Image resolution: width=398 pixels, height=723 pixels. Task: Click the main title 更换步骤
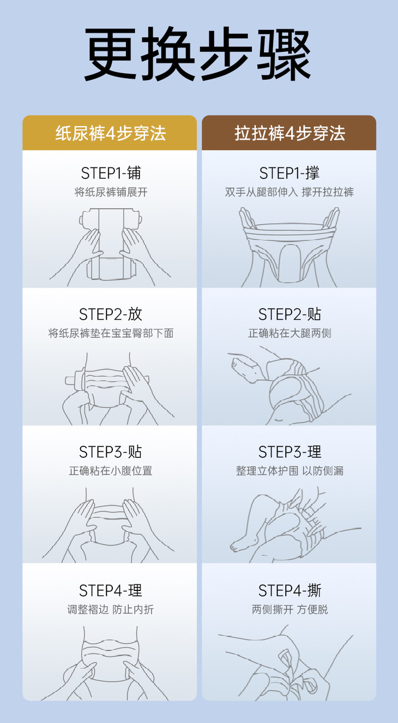[197, 53]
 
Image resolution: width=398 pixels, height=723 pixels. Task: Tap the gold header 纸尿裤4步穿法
[110, 133]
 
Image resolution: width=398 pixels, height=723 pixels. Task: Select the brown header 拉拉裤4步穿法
[290, 133]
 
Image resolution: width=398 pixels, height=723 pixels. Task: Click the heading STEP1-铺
[111, 173]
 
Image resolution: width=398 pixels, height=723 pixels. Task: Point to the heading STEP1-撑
[290, 173]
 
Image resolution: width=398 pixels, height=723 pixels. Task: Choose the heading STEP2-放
[111, 314]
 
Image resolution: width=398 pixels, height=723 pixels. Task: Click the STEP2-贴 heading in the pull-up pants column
[290, 314]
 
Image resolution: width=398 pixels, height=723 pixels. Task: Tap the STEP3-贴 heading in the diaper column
[111, 452]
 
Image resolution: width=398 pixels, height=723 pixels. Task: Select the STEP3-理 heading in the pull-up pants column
[290, 452]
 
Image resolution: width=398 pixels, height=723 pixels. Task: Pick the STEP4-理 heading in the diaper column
[111, 590]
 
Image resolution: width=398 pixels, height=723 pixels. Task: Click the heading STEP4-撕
[290, 590]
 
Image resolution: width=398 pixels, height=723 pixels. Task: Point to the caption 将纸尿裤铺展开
[111, 192]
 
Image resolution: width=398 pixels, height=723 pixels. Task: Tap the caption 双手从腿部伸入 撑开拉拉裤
[290, 192]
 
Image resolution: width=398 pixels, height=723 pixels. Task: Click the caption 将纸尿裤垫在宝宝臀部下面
[111, 333]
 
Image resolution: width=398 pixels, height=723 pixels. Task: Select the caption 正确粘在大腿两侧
[290, 333]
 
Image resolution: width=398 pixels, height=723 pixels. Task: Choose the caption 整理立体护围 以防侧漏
[290, 471]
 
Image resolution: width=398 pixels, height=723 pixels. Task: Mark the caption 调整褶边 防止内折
[111, 610]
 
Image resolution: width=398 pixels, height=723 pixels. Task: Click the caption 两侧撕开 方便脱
[290, 610]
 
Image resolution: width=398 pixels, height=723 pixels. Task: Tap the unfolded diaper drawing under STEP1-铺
[110, 244]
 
